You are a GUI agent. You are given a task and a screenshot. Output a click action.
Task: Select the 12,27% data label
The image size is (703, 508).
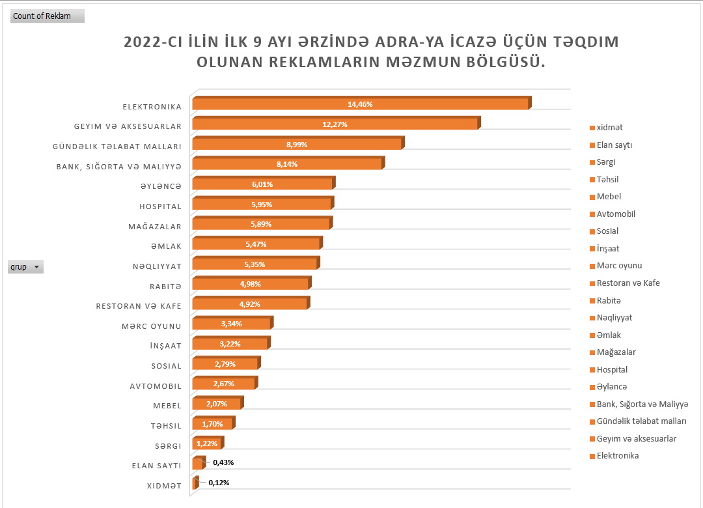coord(335,124)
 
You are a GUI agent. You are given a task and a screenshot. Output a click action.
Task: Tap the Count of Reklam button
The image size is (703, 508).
coord(47,16)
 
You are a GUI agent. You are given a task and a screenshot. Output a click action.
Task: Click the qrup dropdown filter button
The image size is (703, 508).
coord(36,267)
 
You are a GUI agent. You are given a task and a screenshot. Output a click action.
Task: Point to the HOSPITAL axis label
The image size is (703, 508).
coord(160,206)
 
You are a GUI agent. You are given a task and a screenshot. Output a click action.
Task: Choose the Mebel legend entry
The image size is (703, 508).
coord(609,197)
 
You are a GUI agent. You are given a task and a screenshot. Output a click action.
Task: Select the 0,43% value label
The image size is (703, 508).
coord(223,462)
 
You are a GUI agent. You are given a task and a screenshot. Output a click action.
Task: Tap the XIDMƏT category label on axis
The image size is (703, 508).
coord(163,486)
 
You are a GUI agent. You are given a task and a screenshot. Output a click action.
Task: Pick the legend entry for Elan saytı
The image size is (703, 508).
coord(614,145)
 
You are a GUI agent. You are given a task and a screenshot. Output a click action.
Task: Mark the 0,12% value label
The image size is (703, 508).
coord(219,483)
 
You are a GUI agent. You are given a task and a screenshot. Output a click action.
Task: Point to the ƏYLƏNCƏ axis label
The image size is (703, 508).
coord(160,186)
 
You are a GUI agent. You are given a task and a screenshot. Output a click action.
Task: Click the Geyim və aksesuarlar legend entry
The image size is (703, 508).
coord(636,438)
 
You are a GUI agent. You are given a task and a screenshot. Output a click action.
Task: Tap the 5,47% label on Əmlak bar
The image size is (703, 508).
coord(256,244)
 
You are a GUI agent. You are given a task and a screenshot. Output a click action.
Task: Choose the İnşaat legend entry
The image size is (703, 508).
coord(607,248)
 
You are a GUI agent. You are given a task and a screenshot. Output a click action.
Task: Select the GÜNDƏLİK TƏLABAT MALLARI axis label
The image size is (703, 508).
coord(117,146)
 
